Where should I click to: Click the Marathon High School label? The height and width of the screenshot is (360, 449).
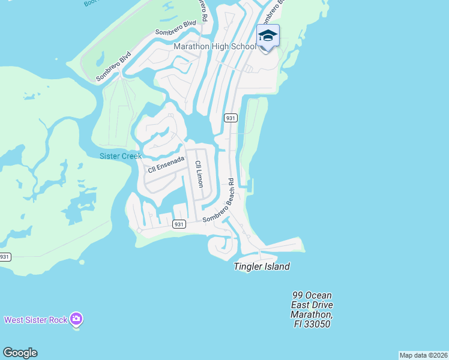tap(214, 47)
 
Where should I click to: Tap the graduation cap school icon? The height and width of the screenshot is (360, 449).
tap(268, 36)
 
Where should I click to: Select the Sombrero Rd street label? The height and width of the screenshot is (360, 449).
tap(203, 11)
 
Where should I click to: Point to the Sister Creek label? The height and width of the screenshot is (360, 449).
tap(120, 156)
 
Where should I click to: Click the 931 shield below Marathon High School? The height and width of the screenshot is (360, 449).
tap(231, 118)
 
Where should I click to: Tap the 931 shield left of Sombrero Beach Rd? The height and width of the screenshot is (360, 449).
tap(178, 224)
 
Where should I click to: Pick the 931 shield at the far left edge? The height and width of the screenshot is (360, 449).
tap(5, 257)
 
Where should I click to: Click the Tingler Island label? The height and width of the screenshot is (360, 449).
tap(262, 266)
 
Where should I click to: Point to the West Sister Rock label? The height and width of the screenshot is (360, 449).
tap(36, 320)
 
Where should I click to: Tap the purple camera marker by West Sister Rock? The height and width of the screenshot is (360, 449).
tap(76, 319)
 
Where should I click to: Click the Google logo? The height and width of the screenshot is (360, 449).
tap(20, 353)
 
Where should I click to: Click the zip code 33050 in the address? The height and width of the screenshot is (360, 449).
tap(319, 324)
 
